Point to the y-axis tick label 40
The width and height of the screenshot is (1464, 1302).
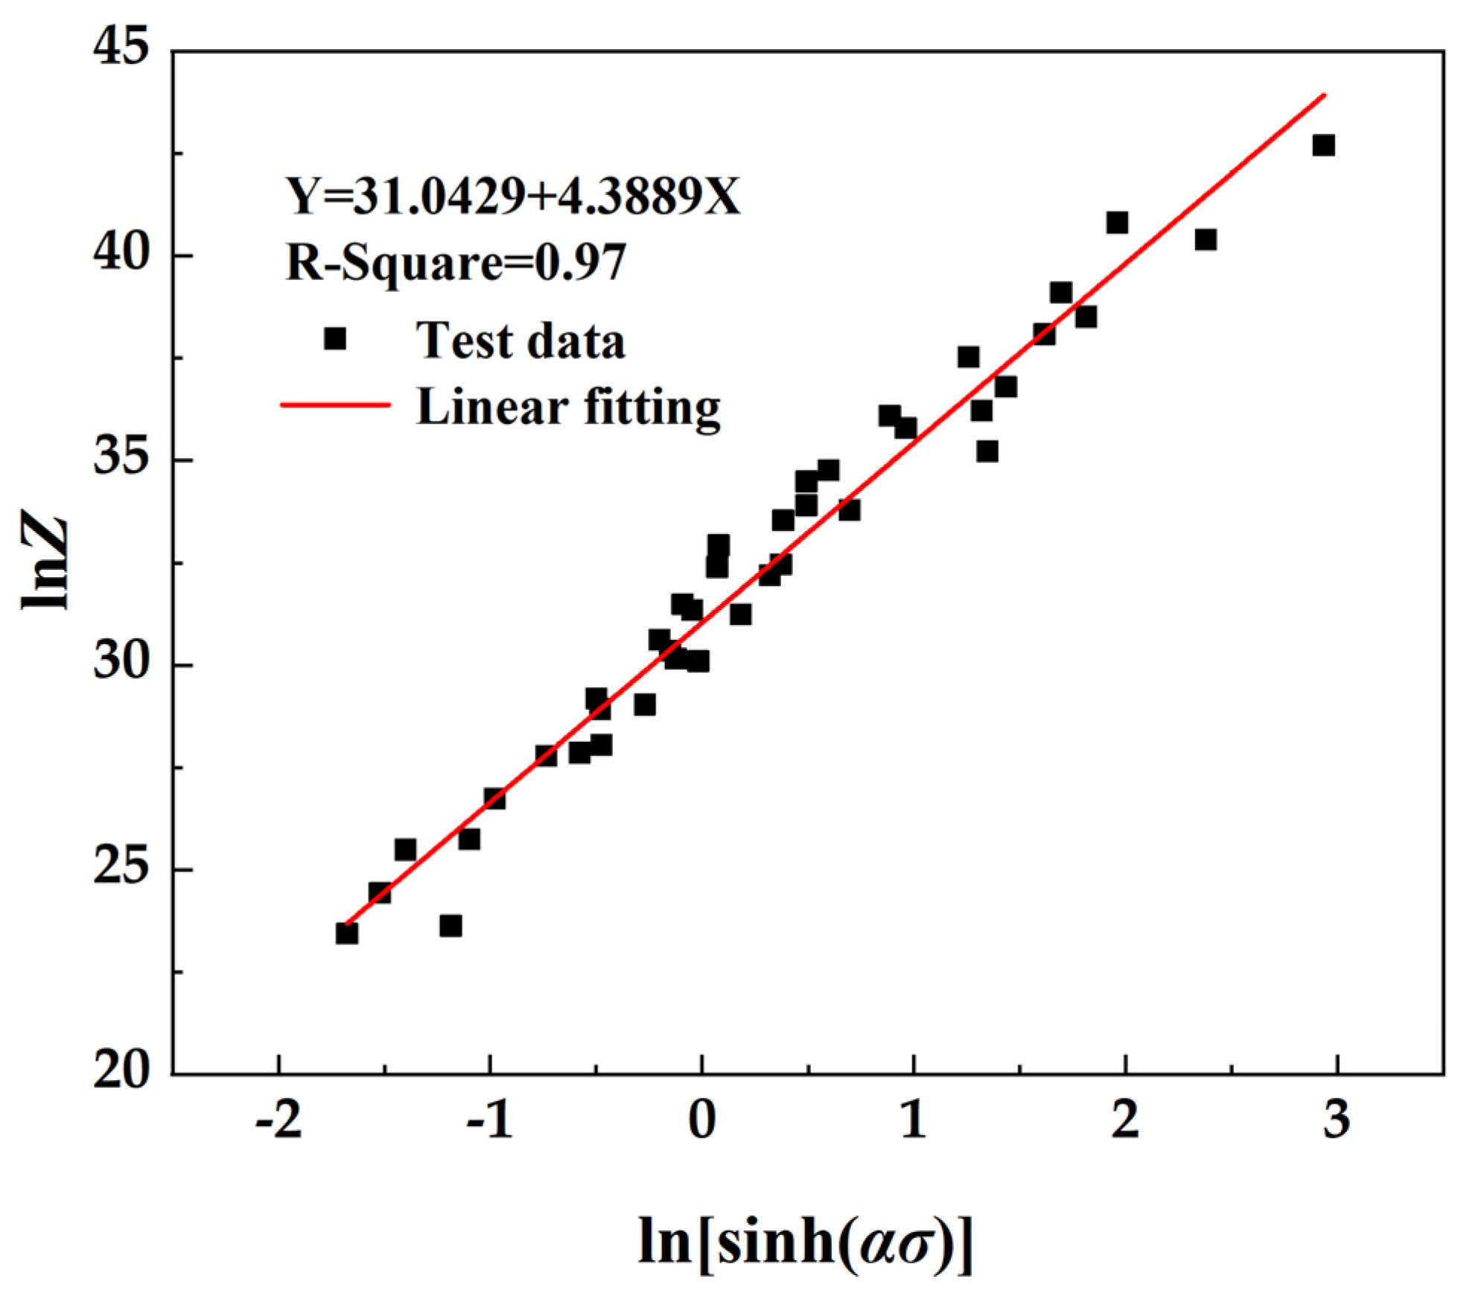[120, 255]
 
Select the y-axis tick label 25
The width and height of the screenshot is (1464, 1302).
[120, 868]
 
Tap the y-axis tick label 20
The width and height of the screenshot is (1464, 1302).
[120, 1073]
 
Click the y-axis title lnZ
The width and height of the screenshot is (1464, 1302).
[45, 562]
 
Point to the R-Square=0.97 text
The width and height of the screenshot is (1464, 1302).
[456, 262]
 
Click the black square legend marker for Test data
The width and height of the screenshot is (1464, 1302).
[335, 339]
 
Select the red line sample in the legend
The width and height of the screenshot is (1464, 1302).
[335, 405]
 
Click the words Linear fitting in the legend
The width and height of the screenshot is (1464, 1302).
[568, 407]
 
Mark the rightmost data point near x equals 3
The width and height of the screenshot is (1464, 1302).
[1323, 145]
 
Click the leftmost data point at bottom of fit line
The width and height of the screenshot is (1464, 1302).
[347, 933]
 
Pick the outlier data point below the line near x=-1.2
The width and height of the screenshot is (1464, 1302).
[451, 926]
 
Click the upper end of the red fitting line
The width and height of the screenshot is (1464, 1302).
[1324, 95]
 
